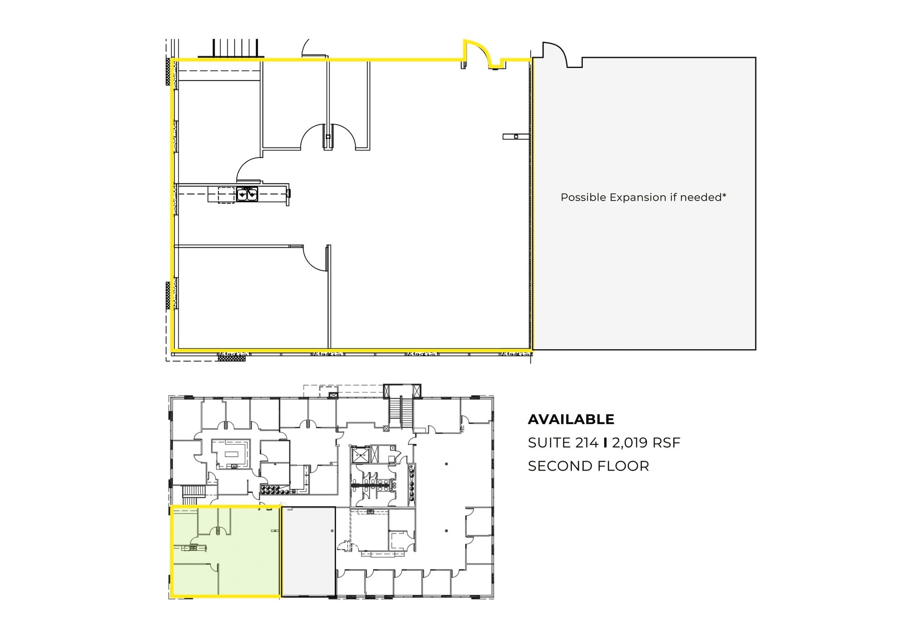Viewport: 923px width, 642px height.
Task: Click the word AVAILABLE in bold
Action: [571, 419]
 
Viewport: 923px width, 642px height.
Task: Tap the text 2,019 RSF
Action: [646, 443]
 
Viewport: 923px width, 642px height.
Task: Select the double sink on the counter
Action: [247, 194]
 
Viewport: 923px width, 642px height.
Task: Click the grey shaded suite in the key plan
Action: [308, 551]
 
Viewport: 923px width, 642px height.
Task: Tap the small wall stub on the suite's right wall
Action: [516, 137]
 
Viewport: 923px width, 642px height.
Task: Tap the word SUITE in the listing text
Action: [549, 443]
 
